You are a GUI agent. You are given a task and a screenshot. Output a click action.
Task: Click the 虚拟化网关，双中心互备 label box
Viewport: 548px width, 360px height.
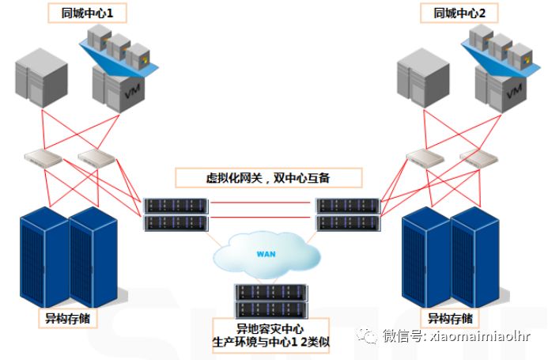point(267,178)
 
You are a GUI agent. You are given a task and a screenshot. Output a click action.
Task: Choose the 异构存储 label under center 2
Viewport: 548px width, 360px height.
point(452,319)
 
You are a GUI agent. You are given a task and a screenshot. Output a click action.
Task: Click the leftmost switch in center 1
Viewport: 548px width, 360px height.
point(43,157)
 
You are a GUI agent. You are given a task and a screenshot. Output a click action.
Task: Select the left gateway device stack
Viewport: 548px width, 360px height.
point(176,214)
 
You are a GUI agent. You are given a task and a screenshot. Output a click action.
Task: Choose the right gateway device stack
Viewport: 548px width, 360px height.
point(347,214)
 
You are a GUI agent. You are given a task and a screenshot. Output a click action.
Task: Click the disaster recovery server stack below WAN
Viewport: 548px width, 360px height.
point(270,300)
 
